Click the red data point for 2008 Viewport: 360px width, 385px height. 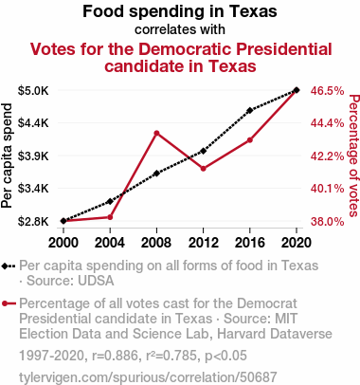156,134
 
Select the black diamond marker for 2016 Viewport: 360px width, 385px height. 250,110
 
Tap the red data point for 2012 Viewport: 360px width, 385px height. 203,169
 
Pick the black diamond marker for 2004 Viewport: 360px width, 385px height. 110,201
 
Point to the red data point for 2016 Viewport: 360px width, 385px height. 250,140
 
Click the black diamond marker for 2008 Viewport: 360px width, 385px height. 156,174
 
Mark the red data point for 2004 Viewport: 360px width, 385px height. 110,217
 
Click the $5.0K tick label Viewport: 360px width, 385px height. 33,91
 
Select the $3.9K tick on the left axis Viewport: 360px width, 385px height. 33,156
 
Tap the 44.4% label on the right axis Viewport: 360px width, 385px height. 327,123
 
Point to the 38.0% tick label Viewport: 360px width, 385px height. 327,221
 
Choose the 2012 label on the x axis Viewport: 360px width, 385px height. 203,243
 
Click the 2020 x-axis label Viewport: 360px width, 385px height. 297,243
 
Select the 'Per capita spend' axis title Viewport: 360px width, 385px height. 7,156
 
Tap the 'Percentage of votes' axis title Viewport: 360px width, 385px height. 354,156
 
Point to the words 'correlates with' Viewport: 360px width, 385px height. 180,29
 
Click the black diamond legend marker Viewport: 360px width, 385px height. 5,266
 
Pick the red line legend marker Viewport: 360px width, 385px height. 9,303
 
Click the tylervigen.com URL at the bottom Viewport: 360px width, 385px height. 148,377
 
